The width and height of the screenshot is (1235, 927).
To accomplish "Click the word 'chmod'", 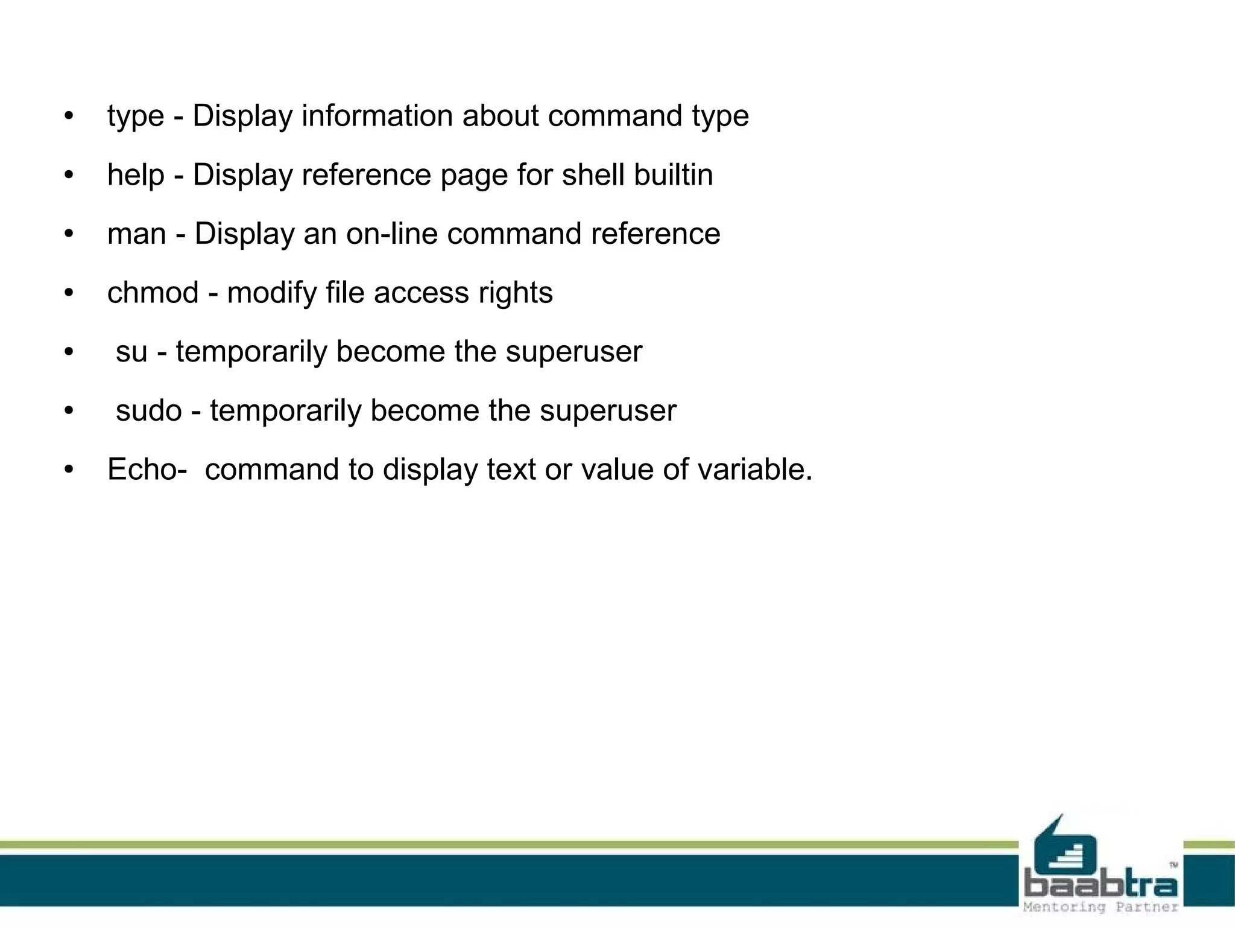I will coord(153,293).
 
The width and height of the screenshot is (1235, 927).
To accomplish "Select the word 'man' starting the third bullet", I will coord(136,234).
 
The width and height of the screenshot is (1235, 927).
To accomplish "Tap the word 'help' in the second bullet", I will coord(136,174).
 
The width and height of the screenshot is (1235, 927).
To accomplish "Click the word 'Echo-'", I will coord(147,469).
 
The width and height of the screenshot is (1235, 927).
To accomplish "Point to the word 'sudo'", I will coord(148,410).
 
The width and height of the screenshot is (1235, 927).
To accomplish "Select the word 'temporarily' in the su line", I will coord(251,351).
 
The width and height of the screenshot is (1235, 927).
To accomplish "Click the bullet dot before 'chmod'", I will coord(69,293).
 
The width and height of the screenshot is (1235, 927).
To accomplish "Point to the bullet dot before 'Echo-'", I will coord(69,470).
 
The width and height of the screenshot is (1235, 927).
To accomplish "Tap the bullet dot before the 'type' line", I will coord(69,116).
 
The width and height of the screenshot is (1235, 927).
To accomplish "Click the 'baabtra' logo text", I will coord(1101,885).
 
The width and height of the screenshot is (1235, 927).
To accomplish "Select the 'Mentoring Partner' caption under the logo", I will coord(1101,907).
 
